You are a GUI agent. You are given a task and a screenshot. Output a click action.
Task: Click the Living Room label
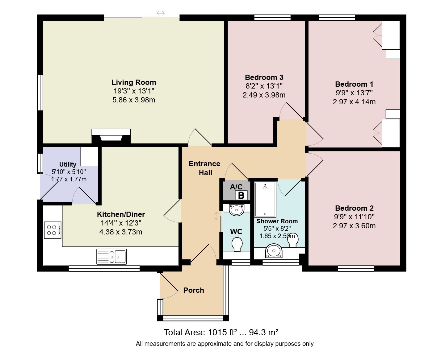[x=134, y=82]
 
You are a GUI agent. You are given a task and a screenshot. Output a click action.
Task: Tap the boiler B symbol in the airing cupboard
[x=241, y=196]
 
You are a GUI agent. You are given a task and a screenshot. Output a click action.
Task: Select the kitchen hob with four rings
[x=52, y=230]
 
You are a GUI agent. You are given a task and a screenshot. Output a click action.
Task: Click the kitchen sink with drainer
[x=111, y=256]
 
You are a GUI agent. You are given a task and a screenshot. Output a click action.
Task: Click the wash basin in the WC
[x=237, y=210]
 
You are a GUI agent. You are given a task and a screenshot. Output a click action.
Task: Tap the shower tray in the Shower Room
[x=265, y=200]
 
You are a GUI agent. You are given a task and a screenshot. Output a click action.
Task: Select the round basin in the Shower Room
[x=274, y=251]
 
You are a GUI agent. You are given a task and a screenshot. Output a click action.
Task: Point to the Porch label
[x=194, y=290]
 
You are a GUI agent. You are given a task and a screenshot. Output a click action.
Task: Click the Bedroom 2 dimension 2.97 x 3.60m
[x=354, y=226]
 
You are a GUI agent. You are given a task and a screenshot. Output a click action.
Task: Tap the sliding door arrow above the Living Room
[x=161, y=13]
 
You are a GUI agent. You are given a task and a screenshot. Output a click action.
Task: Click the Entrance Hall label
[x=204, y=168]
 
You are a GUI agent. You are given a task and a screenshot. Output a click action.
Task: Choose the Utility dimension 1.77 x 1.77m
[x=69, y=179]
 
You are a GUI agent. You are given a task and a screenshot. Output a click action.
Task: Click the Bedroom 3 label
[x=264, y=77]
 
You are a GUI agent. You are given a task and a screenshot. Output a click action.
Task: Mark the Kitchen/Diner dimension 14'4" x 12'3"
[x=121, y=223]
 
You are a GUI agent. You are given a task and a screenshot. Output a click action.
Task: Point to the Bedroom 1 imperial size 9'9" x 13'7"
[x=354, y=93]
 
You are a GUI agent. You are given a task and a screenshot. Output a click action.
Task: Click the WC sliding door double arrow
[x=217, y=216]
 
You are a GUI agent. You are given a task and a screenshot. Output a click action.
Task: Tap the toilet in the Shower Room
[x=293, y=240]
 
